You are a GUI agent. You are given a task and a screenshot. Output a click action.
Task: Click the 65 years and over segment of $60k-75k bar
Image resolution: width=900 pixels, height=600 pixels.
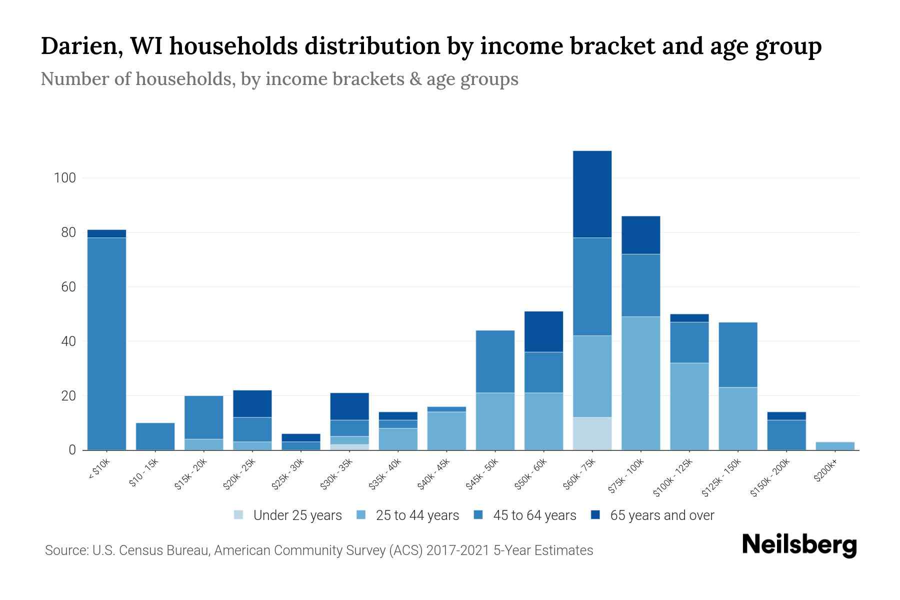tap(592, 194)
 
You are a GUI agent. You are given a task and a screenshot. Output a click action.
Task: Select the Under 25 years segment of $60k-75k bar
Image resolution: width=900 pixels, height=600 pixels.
tap(592, 433)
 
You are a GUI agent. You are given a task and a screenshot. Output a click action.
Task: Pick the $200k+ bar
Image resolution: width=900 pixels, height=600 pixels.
tap(834, 446)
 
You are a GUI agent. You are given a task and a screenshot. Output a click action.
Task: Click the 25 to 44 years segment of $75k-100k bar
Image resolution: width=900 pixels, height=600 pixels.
tap(640, 383)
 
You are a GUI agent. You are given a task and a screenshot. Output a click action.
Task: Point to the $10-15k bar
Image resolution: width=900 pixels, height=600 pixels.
tap(155, 436)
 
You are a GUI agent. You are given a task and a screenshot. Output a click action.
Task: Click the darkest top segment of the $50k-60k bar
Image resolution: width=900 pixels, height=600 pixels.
tap(543, 331)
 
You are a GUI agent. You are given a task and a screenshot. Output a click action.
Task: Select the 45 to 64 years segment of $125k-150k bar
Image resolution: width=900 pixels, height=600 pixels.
tap(737, 354)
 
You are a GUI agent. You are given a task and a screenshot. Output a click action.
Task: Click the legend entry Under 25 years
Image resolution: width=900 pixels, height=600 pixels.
tap(297, 515)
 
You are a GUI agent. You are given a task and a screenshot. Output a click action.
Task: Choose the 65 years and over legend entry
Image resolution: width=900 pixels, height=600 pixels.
tap(661, 515)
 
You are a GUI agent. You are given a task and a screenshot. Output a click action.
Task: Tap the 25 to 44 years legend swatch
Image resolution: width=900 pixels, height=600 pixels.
tap(361, 515)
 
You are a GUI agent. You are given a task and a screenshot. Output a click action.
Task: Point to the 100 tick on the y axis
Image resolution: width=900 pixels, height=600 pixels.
tap(64, 178)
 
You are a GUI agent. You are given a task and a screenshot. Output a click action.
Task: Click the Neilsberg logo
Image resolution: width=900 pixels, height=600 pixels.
tap(799, 544)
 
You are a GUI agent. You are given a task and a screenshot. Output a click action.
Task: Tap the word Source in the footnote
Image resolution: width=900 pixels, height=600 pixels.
tap(66, 550)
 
